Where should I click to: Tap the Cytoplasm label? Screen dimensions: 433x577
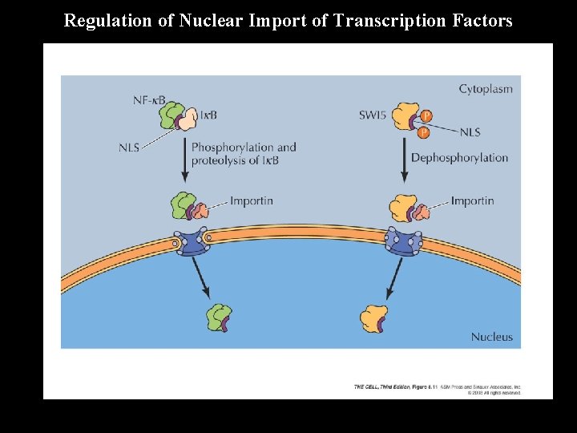click(x=485, y=89)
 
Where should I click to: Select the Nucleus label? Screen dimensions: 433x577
click(x=491, y=337)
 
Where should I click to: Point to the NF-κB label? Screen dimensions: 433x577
click(x=149, y=100)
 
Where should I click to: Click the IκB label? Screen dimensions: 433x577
click(x=208, y=115)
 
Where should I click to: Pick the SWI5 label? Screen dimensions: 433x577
click(x=373, y=115)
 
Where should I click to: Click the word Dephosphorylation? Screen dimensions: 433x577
click(x=459, y=157)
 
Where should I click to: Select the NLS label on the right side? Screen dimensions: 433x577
click(x=470, y=132)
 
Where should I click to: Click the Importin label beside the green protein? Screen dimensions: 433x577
click(x=251, y=200)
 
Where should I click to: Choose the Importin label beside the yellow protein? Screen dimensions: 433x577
click(x=472, y=200)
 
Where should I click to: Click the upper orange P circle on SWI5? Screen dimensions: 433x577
click(x=426, y=116)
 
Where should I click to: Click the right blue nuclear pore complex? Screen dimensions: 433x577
click(x=403, y=241)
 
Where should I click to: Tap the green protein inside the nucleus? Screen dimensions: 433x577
click(x=217, y=317)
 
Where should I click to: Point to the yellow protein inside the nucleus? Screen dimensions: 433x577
click(x=374, y=317)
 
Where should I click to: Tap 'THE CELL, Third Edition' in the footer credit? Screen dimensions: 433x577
click(x=381, y=387)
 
